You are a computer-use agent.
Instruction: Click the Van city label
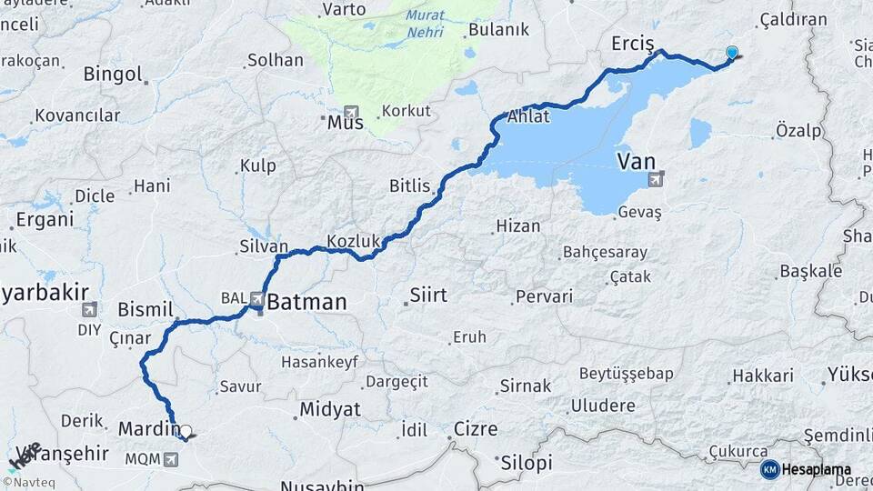[x=636, y=162]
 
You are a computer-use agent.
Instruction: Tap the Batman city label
[x=306, y=302]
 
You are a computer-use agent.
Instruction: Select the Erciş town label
[x=633, y=44]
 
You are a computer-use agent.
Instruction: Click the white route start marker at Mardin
[x=185, y=432]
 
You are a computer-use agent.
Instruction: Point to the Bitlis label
[x=409, y=186]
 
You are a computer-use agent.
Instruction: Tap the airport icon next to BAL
[x=257, y=297]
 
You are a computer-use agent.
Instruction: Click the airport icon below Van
[x=655, y=180]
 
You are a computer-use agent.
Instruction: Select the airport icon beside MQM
[x=170, y=460]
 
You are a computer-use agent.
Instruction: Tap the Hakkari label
[x=763, y=376]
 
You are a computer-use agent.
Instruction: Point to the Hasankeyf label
[x=319, y=361]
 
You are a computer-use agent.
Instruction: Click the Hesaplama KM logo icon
[x=769, y=469]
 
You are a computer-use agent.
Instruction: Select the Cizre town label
[x=476, y=429]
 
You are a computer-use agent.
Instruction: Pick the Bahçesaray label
[x=605, y=252]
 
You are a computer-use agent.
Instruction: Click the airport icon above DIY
[x=89, y=310]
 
